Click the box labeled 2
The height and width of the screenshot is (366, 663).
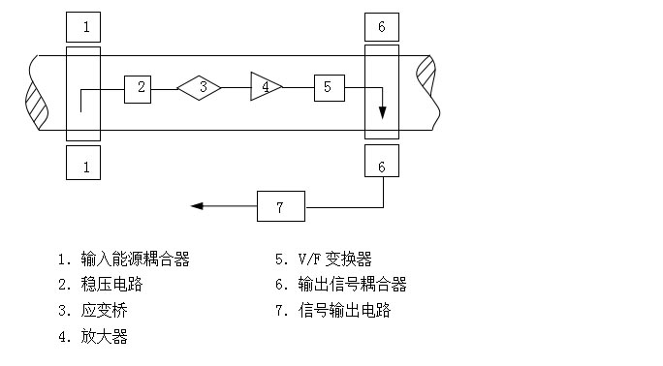[x=138, y=89]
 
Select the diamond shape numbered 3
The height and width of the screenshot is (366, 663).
[x=199, y=88]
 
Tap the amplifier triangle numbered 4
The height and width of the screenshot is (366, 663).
[x=266, y=86]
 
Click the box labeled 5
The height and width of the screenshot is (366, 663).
[x=330, y=88]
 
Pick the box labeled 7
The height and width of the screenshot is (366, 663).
[x=281, y=206]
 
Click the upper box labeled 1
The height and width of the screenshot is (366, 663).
[x=83, y=27]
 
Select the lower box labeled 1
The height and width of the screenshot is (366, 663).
[x=83, y=163]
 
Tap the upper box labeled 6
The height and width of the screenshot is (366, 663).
[x=382, y=27]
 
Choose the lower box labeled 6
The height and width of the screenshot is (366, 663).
[x=382, y=161]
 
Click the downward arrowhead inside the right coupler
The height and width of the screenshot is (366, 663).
[x=382, y=112]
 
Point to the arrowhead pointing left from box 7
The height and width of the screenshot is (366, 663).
[x=197, y=206]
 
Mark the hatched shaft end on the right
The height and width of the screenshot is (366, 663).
[x=426, y=76]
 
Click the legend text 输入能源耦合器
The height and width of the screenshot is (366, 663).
[x=135, y=259]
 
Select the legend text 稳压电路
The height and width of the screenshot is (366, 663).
[x=111, y=284]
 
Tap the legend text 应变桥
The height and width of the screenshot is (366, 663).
[x=104, y=311]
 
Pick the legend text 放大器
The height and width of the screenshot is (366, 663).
[x=104, y=337]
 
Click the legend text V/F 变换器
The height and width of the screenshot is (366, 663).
[x=334, y=259]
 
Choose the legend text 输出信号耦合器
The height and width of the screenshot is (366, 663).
[x=352, y=284]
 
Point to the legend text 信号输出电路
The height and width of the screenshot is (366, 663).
[x=344, y=310]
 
